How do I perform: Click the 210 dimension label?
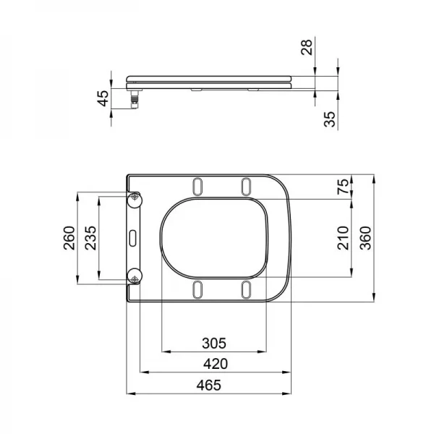(344, 237)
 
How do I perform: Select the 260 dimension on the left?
(69, 237)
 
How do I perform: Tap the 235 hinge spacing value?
(91, 237)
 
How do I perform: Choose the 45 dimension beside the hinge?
(103, 97)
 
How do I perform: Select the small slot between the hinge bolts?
(135, 237)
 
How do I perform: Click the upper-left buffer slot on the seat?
(197, 186)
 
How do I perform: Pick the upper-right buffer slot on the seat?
(246, 186)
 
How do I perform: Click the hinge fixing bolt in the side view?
(134, 96)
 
